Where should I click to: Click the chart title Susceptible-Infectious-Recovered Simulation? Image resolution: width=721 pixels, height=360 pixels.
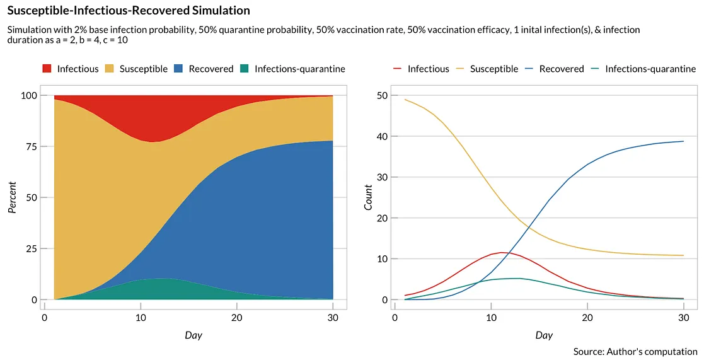[x=128, y=11]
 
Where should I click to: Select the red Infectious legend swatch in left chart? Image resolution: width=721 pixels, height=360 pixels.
[x=47, y=69]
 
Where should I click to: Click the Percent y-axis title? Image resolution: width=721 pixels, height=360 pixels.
[x=11, y=197]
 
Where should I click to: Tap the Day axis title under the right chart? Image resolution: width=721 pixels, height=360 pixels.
[x=543, y=335]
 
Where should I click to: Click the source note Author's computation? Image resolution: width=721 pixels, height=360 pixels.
[x=635, y=351]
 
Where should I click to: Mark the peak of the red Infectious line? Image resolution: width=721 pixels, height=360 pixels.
[x=502, y=252]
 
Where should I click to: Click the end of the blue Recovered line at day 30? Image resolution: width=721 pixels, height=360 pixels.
[x=683, y=141]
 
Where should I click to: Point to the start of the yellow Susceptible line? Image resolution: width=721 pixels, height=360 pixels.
[x=405, y=100]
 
